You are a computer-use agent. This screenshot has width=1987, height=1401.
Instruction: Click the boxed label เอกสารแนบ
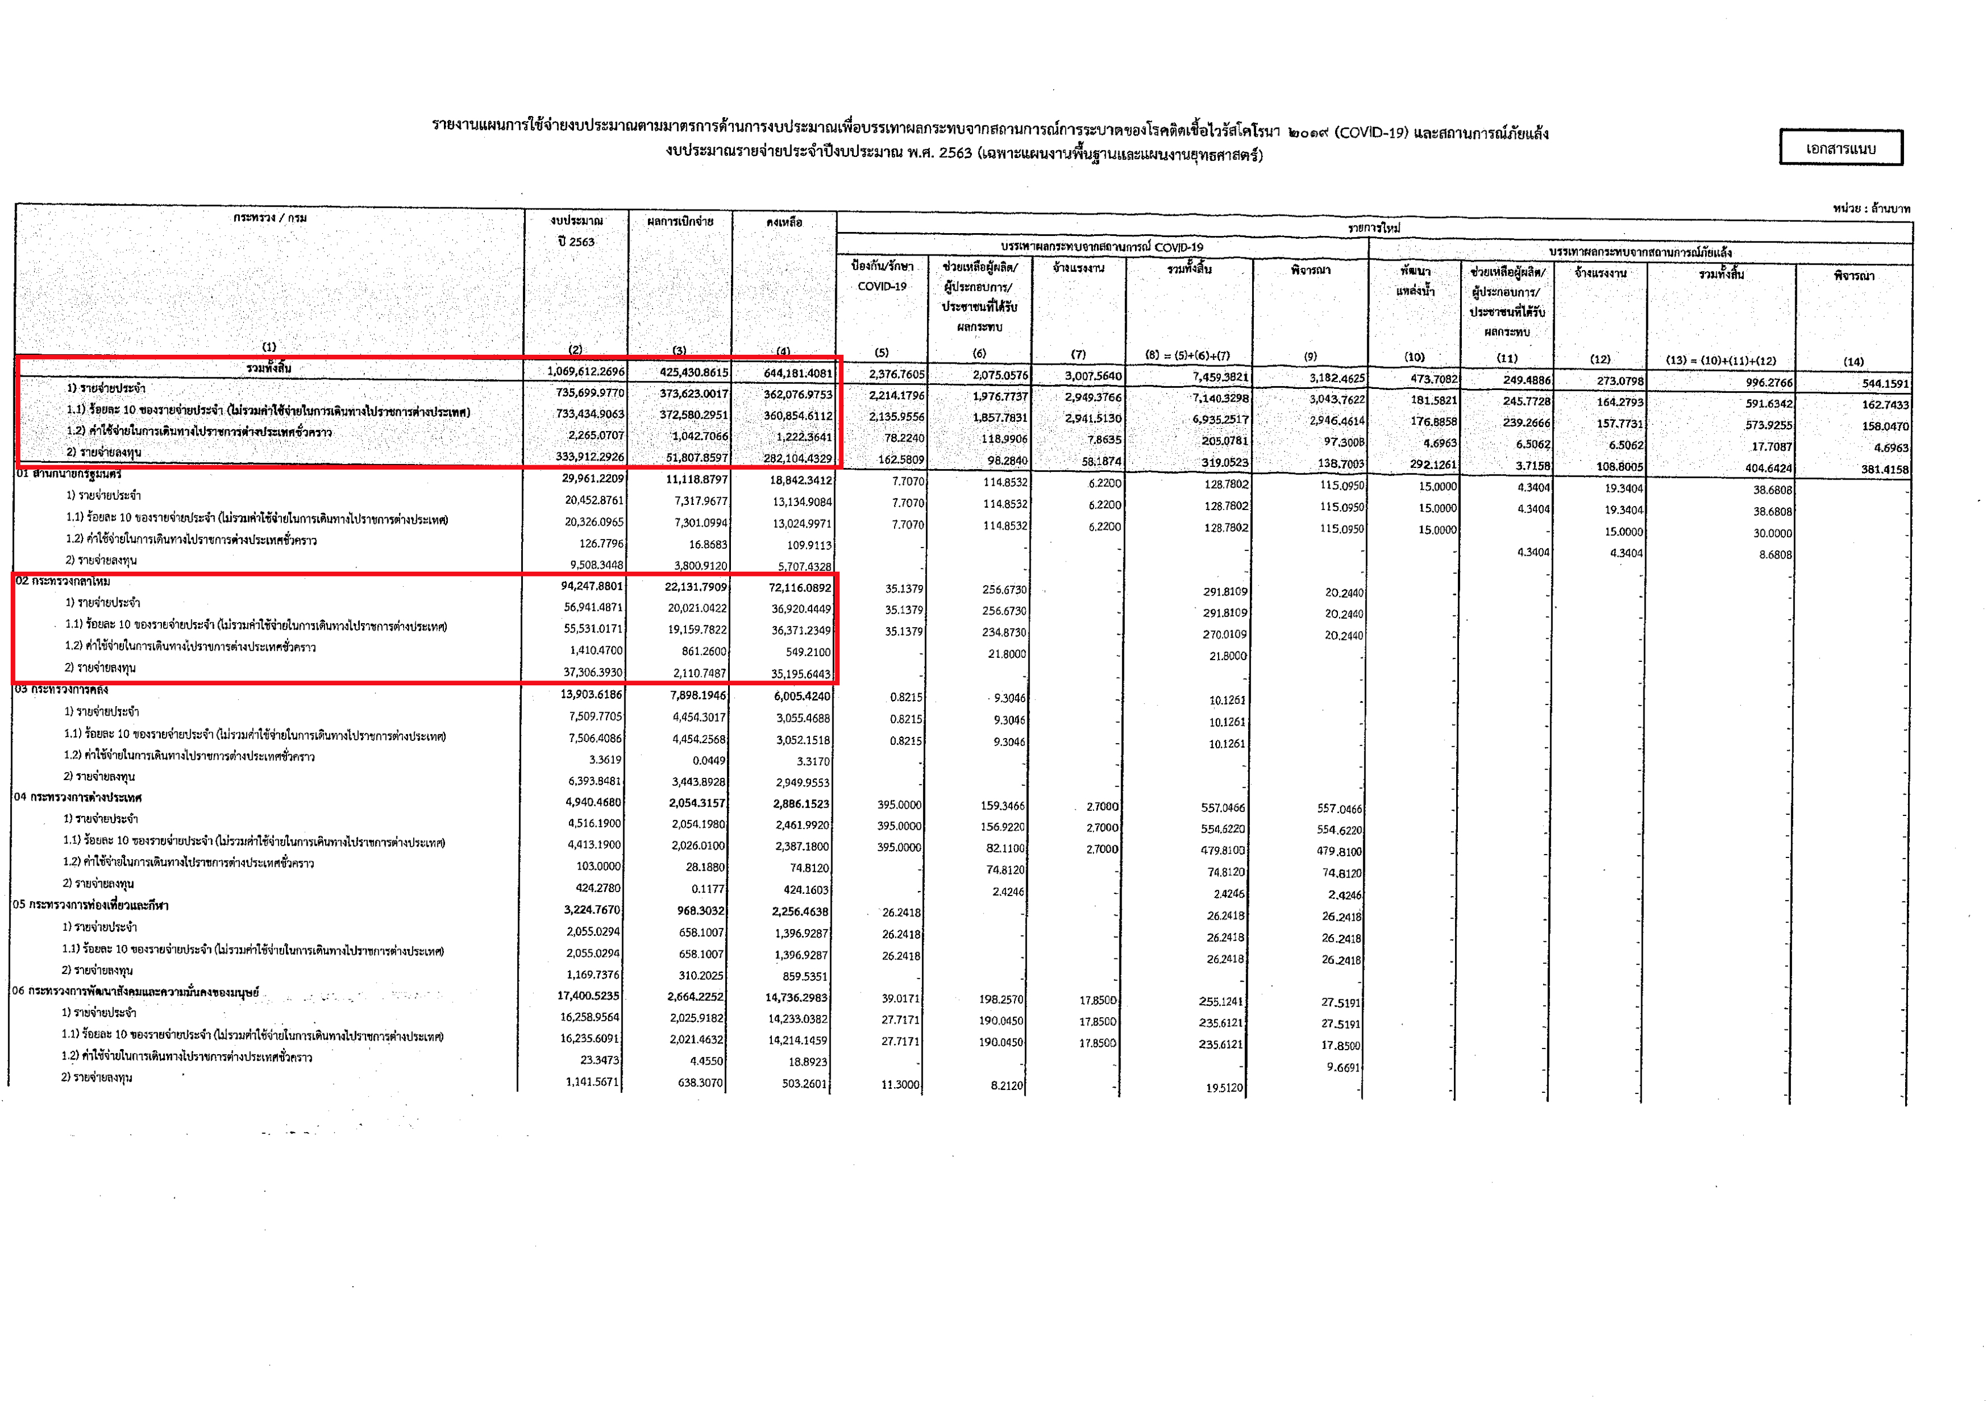1840,148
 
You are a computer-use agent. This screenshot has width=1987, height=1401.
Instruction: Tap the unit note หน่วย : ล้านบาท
1871,208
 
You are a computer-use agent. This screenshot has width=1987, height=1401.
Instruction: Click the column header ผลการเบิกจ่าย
680,221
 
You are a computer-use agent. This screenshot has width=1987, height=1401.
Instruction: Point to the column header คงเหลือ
784,222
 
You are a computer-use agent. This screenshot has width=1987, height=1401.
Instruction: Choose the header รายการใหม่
1374,228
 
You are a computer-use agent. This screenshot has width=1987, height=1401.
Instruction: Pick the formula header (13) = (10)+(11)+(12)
1720,360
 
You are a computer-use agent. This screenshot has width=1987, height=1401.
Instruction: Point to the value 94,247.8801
592,586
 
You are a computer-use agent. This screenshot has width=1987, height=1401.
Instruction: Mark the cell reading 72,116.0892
800,587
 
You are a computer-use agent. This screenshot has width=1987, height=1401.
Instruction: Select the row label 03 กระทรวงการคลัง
62,690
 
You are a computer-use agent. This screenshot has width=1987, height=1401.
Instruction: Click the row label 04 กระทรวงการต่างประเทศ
78,797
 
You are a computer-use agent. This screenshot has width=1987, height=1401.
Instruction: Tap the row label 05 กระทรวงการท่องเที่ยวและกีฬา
91,905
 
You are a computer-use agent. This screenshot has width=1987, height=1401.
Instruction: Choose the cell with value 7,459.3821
1220,377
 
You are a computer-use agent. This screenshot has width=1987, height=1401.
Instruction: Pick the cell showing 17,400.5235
589,996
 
